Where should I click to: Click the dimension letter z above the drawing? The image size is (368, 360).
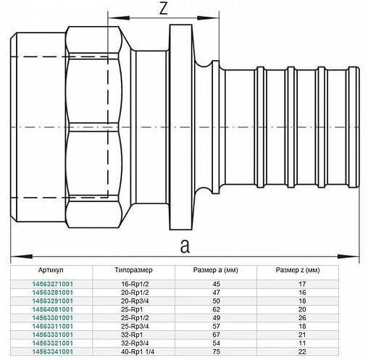164,9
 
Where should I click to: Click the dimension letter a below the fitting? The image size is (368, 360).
185,246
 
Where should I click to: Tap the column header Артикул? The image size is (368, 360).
51,270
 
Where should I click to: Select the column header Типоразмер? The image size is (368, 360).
133,270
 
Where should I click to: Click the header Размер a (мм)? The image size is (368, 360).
215,270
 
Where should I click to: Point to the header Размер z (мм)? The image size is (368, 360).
298,270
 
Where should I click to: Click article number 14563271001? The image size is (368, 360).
52,284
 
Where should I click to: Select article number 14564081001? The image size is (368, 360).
52,309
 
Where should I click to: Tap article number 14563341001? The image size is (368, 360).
52,351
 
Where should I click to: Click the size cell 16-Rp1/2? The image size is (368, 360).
135,284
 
